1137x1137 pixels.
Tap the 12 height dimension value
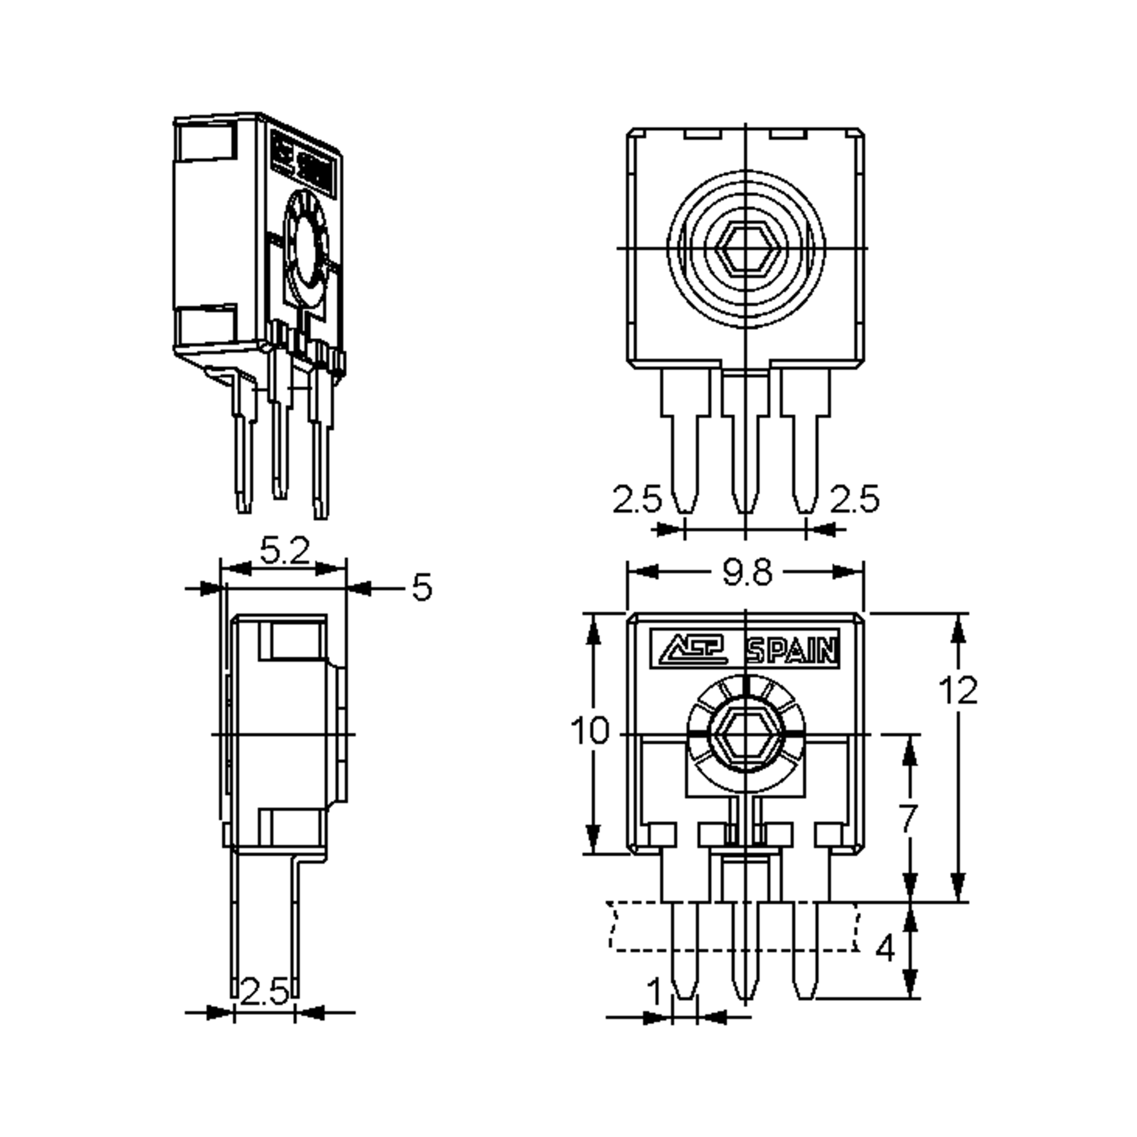[958, 690]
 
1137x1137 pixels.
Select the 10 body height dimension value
[590, 731]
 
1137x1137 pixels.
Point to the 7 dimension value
[909, 819]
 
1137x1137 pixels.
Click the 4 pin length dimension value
[885, 948]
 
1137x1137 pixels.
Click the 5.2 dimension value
[285, 551]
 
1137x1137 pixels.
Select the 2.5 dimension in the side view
[264, 992]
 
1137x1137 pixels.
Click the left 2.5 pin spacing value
[637, 499]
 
